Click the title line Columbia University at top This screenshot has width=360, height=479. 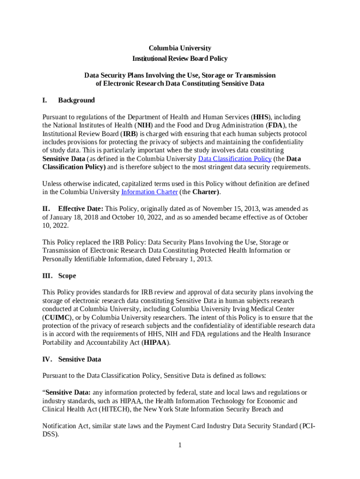(x=180, y=48)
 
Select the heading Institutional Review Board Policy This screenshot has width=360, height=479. (x=180, y=58)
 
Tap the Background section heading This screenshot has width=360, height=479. (x=76, y=100)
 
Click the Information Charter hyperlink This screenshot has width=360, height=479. (x=149, y=192)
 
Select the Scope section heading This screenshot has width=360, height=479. (x=67, y=276)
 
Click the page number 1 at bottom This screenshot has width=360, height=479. (x=180, y=445)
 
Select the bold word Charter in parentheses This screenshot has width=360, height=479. (x=205, y=192)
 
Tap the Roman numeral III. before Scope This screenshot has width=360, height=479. (x=48, y=276)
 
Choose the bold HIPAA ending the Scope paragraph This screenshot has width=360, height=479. (x=156, y=342)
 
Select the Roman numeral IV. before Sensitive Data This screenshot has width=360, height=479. (x=48, y=359)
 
